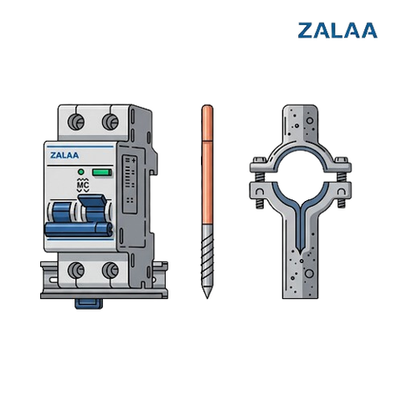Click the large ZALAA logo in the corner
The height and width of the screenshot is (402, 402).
click(338, 30)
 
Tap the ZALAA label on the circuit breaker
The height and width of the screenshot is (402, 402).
click(64, 155)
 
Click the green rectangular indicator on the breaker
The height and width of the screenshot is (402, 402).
click(102, 173)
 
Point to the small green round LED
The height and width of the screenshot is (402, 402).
click(81, 172)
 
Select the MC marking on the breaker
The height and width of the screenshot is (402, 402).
click(83, 185)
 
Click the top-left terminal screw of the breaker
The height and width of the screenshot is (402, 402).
click(76, 122)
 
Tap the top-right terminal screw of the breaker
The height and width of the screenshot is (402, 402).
click(111, 122)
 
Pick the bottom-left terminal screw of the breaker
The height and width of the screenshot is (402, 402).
click(76, 271)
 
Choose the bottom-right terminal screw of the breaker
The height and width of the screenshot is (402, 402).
click(111, 271)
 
